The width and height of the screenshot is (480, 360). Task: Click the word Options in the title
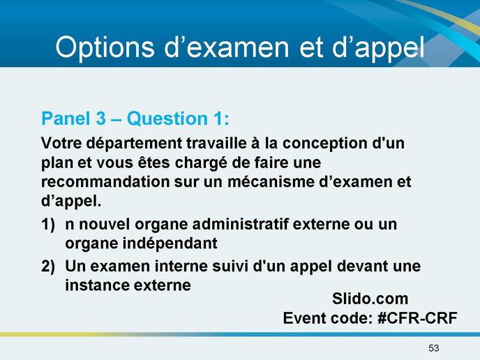coord(105,47)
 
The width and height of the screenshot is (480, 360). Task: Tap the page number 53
coord(434,348)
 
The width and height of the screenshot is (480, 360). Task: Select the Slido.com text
coord(370,299)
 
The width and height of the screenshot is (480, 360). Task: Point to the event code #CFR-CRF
coord(417,318)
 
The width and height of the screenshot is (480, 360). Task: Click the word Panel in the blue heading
coord(66,119)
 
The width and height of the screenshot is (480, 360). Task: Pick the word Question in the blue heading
coord(167,119)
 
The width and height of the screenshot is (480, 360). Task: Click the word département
coord(134,144)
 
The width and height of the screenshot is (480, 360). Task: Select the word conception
coord(324,144)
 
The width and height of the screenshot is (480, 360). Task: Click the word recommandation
coord(105,182)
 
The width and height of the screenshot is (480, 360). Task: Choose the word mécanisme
coord(271,182)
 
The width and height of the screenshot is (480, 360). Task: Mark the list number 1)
coord(48,225)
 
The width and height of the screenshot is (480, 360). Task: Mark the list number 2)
coord(48,266)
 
